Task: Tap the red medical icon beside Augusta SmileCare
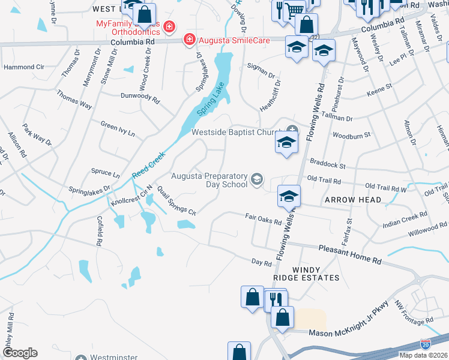click(190, 40)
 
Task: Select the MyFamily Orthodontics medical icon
click(170, 27)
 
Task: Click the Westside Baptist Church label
click(236, 132)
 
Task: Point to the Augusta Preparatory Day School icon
click(258, 179)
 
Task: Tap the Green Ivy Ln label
click(118, 128)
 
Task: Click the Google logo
click(20, 353)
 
